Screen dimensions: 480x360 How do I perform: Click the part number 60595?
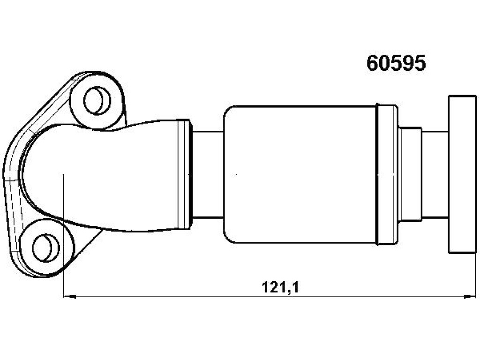coord(396,63)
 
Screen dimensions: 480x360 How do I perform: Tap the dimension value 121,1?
coord(280,287)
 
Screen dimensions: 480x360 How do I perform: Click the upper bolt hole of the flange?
coord(97,100)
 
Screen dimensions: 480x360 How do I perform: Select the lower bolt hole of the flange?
coord(45,247)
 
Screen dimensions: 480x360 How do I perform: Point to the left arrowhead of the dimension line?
coord(69,296)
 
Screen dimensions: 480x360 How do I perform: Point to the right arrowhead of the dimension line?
coord(470,296)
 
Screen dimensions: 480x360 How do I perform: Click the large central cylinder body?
coord(300,174)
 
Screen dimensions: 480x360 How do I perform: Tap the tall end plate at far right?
coord(463,174)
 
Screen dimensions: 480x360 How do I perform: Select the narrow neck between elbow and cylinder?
coord(208,174)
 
